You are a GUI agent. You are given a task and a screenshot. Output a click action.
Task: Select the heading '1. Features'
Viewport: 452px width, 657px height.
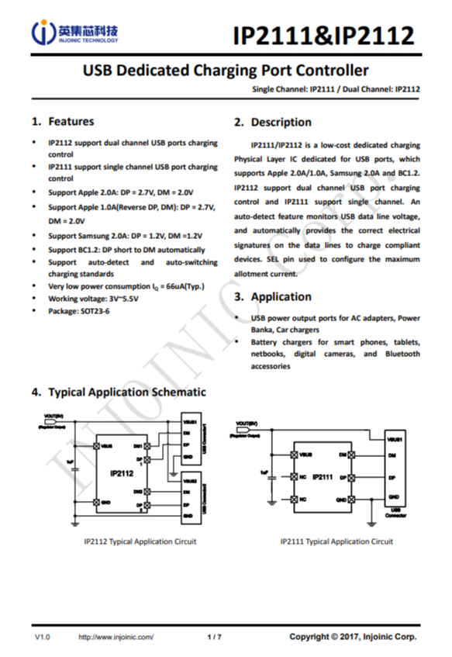[63, 122]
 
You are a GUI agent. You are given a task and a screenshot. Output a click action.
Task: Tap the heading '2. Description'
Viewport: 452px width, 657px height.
[272, 123]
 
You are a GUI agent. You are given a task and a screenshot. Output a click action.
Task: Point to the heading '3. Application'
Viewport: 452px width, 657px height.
[272, 296]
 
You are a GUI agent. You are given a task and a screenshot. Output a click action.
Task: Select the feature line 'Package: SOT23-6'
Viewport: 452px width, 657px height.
[78, 310]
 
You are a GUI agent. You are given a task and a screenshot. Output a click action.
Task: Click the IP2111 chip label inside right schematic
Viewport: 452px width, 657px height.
[323, 477]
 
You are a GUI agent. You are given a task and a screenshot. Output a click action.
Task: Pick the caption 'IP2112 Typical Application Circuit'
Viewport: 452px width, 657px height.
[140, 541]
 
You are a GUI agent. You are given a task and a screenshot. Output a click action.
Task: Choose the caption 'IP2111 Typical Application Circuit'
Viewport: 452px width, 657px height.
[337, 541]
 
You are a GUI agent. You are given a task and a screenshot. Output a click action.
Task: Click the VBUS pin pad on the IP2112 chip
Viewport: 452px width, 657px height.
[96, 446]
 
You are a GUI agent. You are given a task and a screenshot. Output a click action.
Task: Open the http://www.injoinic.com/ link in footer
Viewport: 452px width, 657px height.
[116, 637]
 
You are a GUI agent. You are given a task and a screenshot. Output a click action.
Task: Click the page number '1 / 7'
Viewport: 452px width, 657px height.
[215, 637]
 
